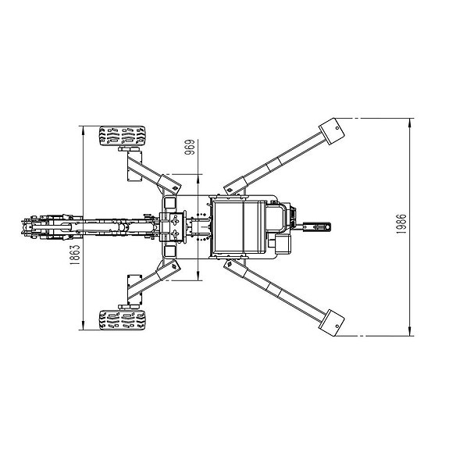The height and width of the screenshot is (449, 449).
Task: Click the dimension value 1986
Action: (401, 224)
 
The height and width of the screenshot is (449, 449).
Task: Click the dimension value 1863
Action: (75, 255)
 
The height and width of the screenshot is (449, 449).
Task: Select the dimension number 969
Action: (190, 147)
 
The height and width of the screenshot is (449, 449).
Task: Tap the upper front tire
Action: (123, 136)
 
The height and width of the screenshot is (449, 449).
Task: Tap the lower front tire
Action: (123, 319)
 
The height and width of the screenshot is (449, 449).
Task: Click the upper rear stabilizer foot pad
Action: (331, 131)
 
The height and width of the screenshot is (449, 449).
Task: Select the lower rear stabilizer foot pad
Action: (331, 322)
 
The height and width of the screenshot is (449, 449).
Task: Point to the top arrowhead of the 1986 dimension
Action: (410, 123)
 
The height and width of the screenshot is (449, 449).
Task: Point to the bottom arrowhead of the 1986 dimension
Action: (410, 331)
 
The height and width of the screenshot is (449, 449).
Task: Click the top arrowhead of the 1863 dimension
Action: (83, 130)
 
